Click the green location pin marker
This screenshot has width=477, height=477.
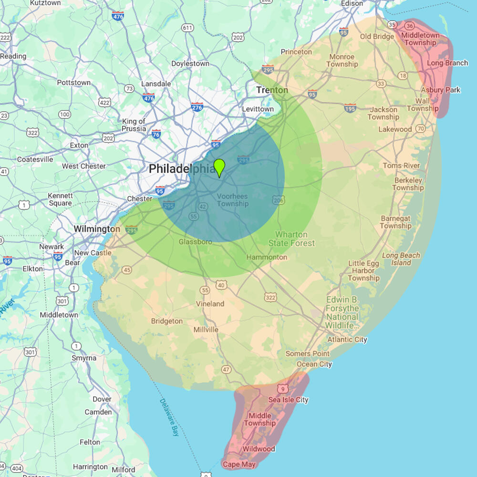click(x=219, y=168)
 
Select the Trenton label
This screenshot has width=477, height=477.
click(x=272, y=90)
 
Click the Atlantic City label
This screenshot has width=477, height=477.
click(x=347, y=340)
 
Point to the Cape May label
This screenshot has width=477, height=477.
click(x=239, y=464)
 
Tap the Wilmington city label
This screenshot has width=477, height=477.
click(x=97, y=229)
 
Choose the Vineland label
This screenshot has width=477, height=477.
click(x=210, y=304)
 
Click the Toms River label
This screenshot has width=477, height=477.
click(x=401, y=166)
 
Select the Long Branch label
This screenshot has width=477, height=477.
click(x=447, y=63)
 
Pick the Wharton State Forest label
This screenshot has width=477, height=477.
click(x=291, y=239)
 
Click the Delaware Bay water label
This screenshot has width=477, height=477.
click(x=169, y=417)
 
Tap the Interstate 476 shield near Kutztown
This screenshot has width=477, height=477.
click(x=117, y=16)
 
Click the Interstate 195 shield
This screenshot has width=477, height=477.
click(x=350, y=108)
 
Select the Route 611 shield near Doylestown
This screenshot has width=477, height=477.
click(x=187, y=28)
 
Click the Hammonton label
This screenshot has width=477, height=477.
click(x=267, y=257)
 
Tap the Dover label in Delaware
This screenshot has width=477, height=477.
click(x=102, y=399)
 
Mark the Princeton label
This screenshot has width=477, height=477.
click(x=296, y=52)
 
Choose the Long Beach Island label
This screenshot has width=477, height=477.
click(x=401, y=259)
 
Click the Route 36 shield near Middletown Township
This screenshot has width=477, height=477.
click(x=409, y=26)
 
